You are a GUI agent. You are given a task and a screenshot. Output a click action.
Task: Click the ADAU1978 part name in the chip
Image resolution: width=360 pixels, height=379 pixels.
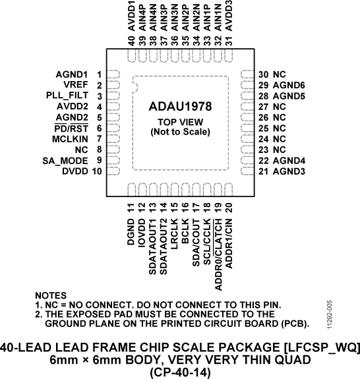180,105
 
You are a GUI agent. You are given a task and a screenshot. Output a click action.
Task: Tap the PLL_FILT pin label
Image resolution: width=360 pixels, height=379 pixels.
68,96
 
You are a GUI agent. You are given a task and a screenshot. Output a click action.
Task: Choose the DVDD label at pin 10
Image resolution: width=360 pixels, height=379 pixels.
75,171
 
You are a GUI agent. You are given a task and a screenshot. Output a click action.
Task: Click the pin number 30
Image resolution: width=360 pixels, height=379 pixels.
263,74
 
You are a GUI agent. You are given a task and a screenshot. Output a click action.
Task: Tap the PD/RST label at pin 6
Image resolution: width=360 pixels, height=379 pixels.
73,128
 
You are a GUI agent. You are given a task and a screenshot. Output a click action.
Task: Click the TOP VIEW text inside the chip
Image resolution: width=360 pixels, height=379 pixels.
180,123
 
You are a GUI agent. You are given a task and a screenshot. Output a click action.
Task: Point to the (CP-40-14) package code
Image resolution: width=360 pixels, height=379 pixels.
180,371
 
